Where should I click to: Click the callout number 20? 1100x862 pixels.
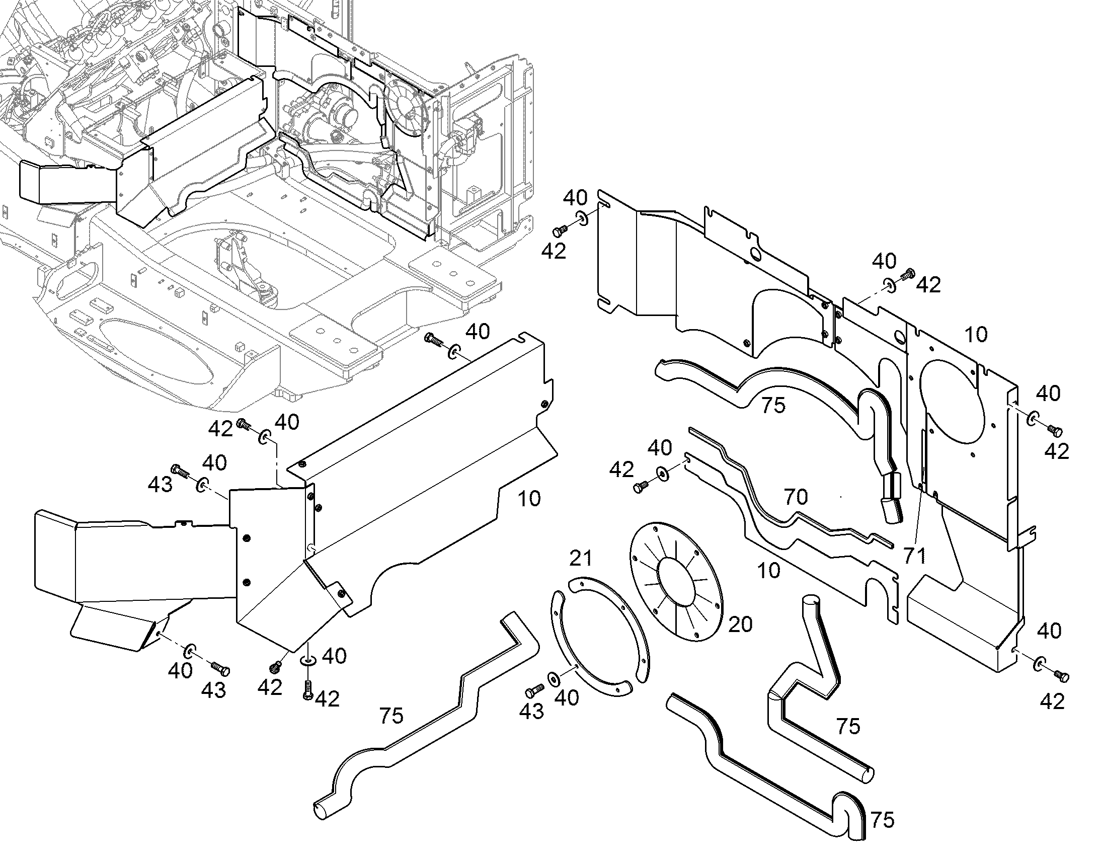coord(740,624)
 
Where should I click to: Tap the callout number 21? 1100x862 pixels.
coord(581,558)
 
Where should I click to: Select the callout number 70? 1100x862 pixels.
coord(796,497)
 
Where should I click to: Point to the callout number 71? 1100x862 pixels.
coord(915,556)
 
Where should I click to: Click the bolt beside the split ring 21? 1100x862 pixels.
coord(535,689)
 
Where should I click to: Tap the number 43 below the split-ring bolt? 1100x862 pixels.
coord(532,711)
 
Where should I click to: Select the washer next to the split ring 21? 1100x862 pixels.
coord(554,679)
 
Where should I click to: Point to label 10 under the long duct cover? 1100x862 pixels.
coord(529,499)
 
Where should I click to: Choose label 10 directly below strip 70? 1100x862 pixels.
coord(769,571)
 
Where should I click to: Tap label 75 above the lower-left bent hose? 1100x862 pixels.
coord(391,716)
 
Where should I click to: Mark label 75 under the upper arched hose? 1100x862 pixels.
coord(773,405)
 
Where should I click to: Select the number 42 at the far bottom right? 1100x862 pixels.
coord(1052,701)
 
